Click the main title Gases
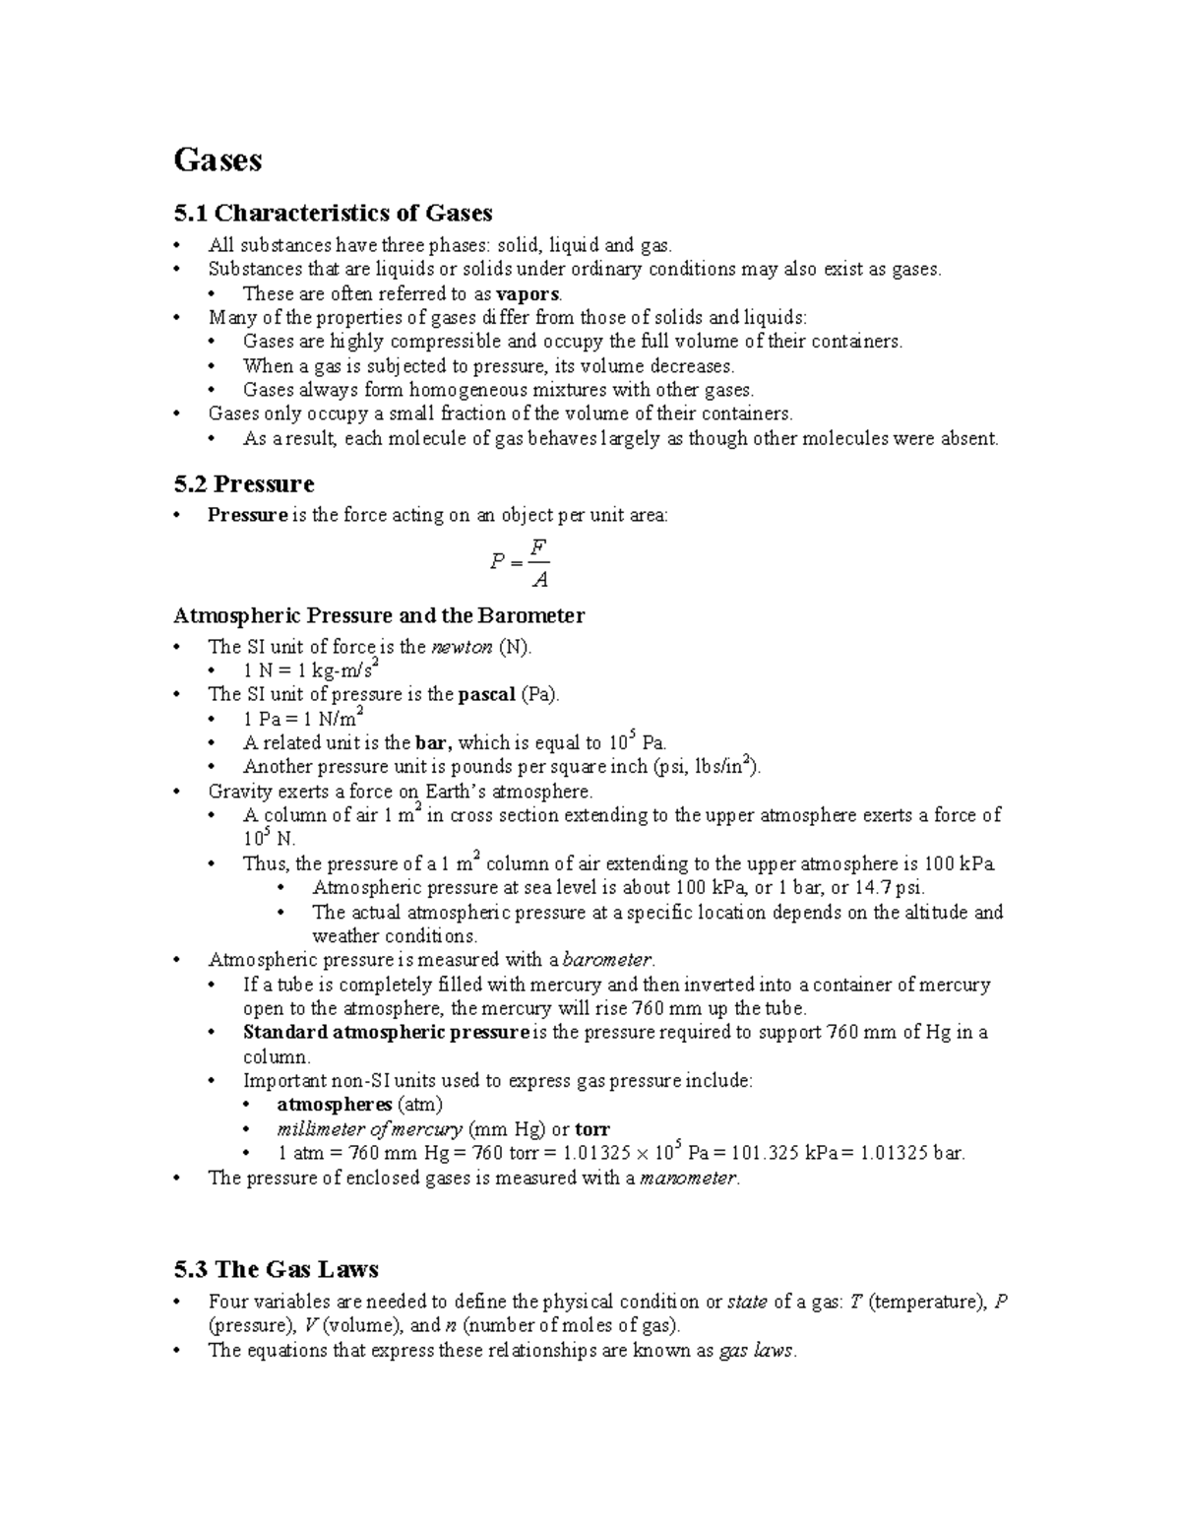point(218,159)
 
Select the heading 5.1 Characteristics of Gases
point(333,213)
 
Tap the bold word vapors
point(528,293)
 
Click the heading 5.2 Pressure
point(243,483)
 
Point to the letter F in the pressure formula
point(537,546)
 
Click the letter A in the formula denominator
point(538,580)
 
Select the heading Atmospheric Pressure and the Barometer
point(379,615)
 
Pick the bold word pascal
point(487,694)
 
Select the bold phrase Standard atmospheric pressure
point(386,1033)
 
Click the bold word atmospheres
point(335,1105)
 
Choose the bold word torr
point(592,1129)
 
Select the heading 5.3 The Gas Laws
point(276,1268)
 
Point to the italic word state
point(746,1302)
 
